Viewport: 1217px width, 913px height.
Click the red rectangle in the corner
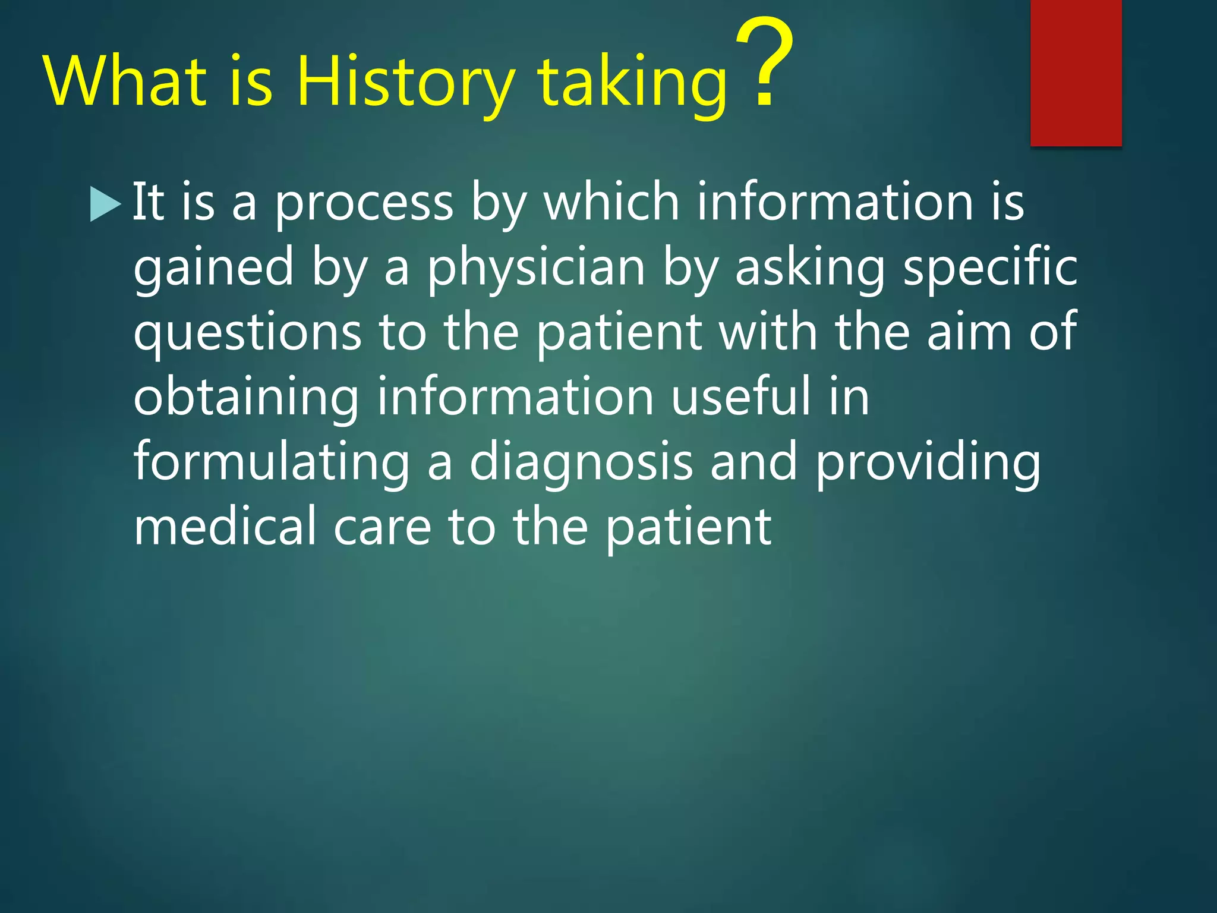point(1076,73)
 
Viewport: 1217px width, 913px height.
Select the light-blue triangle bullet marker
point(105,204)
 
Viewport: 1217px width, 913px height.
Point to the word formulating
point(272,463)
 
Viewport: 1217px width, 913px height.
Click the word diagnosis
point(581,463)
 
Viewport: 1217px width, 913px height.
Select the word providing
point(928,463)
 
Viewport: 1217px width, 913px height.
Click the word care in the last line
point(382,528)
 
